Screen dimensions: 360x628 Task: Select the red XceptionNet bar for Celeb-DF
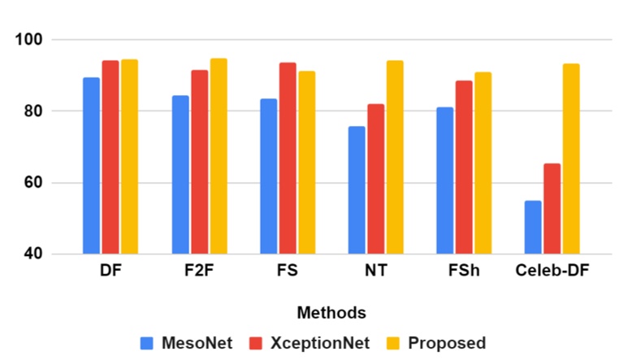click(552, 209)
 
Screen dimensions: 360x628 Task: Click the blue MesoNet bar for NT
click(356, 190)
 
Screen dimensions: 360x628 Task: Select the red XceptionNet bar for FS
click(288, 158)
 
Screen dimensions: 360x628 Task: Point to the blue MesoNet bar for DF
click(91, 166)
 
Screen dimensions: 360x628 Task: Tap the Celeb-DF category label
click(552, 272)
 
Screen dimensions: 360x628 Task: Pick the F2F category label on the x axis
click(199, 272)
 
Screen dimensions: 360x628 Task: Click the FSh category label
click(464, 272)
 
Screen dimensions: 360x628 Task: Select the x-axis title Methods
click(331, 313)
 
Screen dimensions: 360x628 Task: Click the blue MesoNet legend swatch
click(147, 343)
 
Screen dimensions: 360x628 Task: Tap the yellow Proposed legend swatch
click(397, 343)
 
